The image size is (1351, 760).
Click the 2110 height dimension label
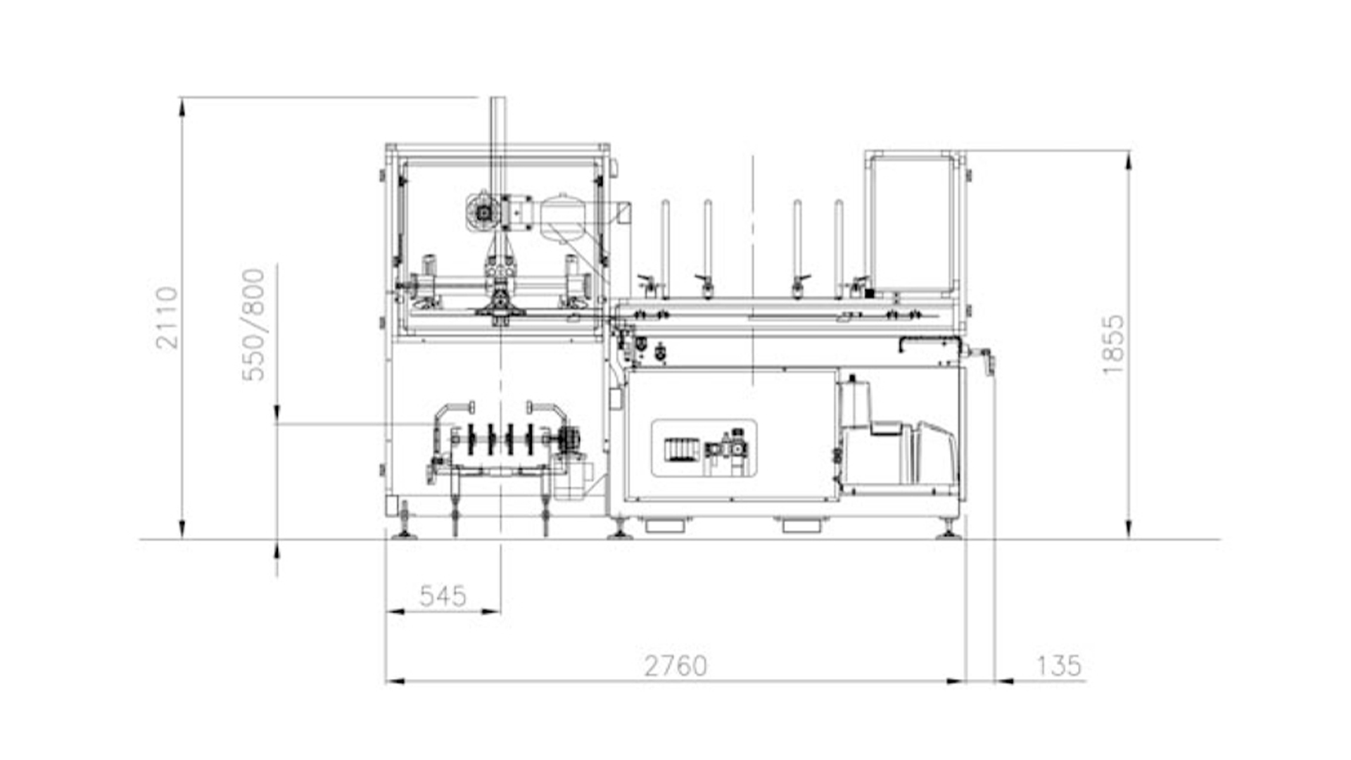[x=167, y=317]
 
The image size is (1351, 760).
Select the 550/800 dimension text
[x=253, y=324]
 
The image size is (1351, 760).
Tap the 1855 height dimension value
[x=1113, y=345]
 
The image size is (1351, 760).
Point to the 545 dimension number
[x=443, y=596]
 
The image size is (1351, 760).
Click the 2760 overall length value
[x=675, y=665]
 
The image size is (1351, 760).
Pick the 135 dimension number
[x=1059, y=665]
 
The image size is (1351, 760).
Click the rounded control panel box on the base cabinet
[x=704, y=448]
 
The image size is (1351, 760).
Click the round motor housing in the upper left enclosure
[x=483, y=212]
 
